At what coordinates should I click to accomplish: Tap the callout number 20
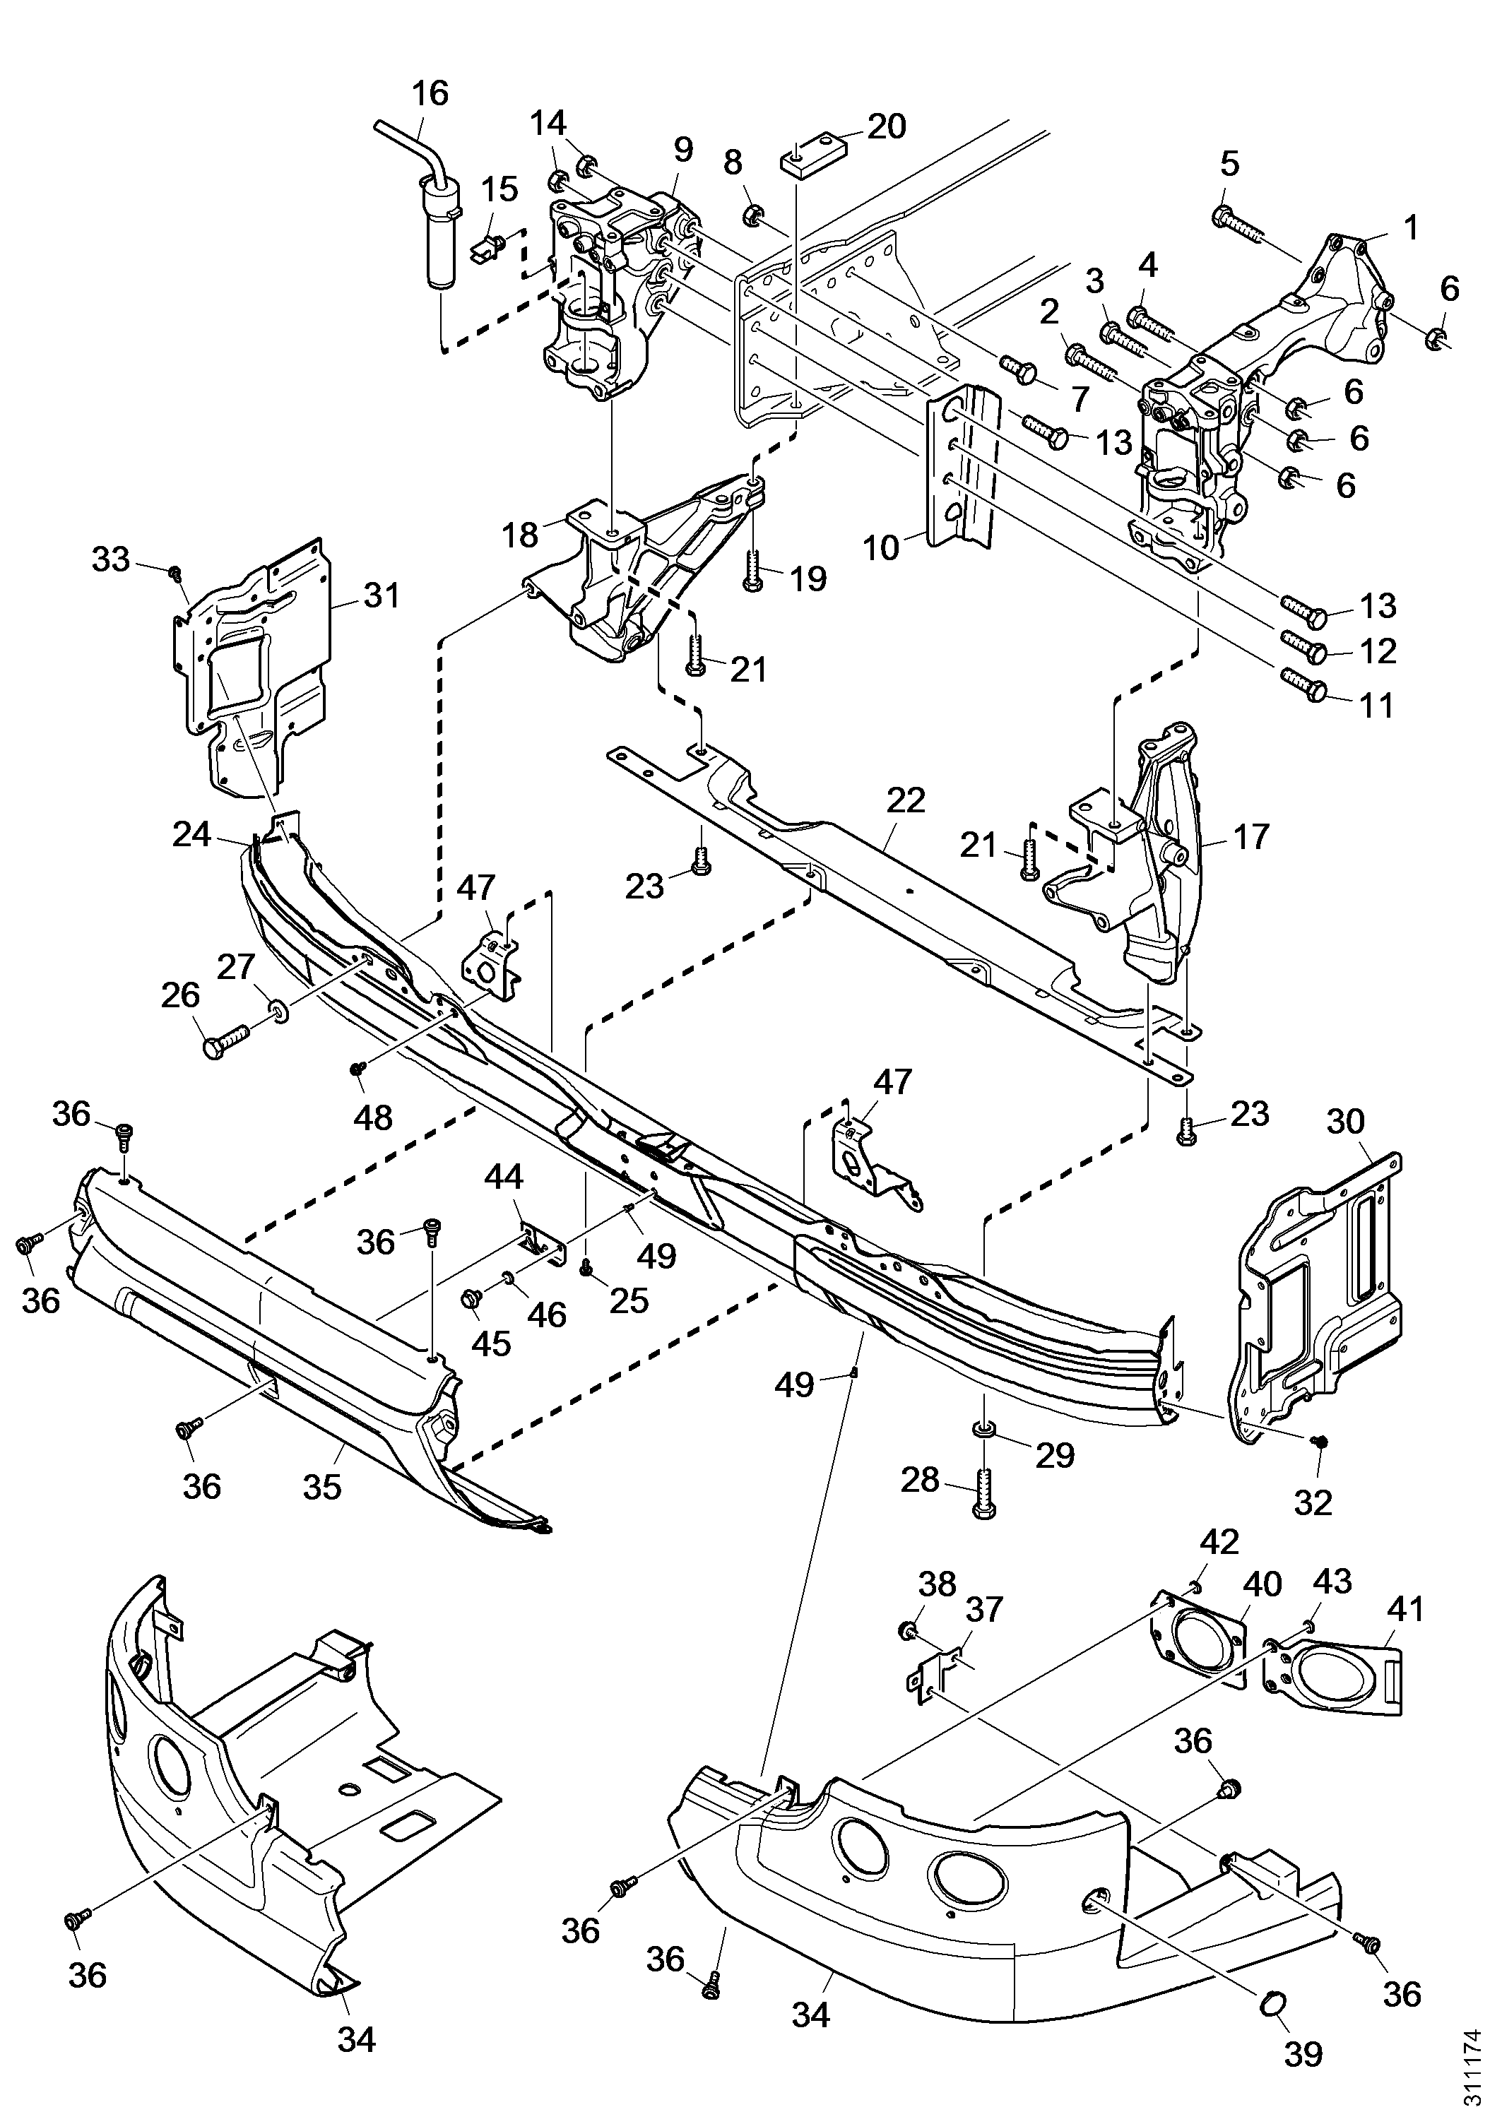click(x=886, y=126)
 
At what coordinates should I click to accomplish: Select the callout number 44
click(x=504, y=1177)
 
